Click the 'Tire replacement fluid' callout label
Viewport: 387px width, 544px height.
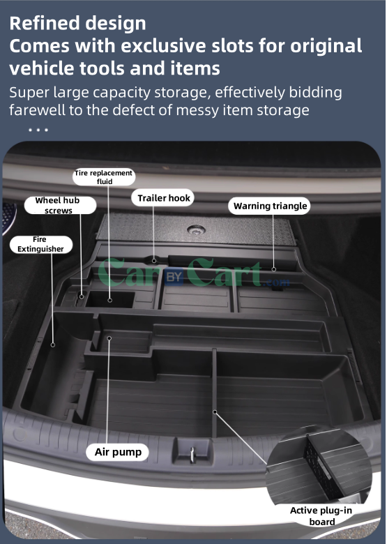[x=103, y=176]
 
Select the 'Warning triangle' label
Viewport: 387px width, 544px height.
[x=270, y=206]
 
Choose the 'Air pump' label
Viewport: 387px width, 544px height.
[x=118, y=452]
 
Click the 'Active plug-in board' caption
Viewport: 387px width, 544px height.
[x=321, y=515]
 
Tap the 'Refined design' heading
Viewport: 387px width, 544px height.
[x=78, y=23]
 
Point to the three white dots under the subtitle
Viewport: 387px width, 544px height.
[x=38, y=130]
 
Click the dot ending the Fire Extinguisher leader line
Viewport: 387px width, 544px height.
[x=53, y=343]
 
